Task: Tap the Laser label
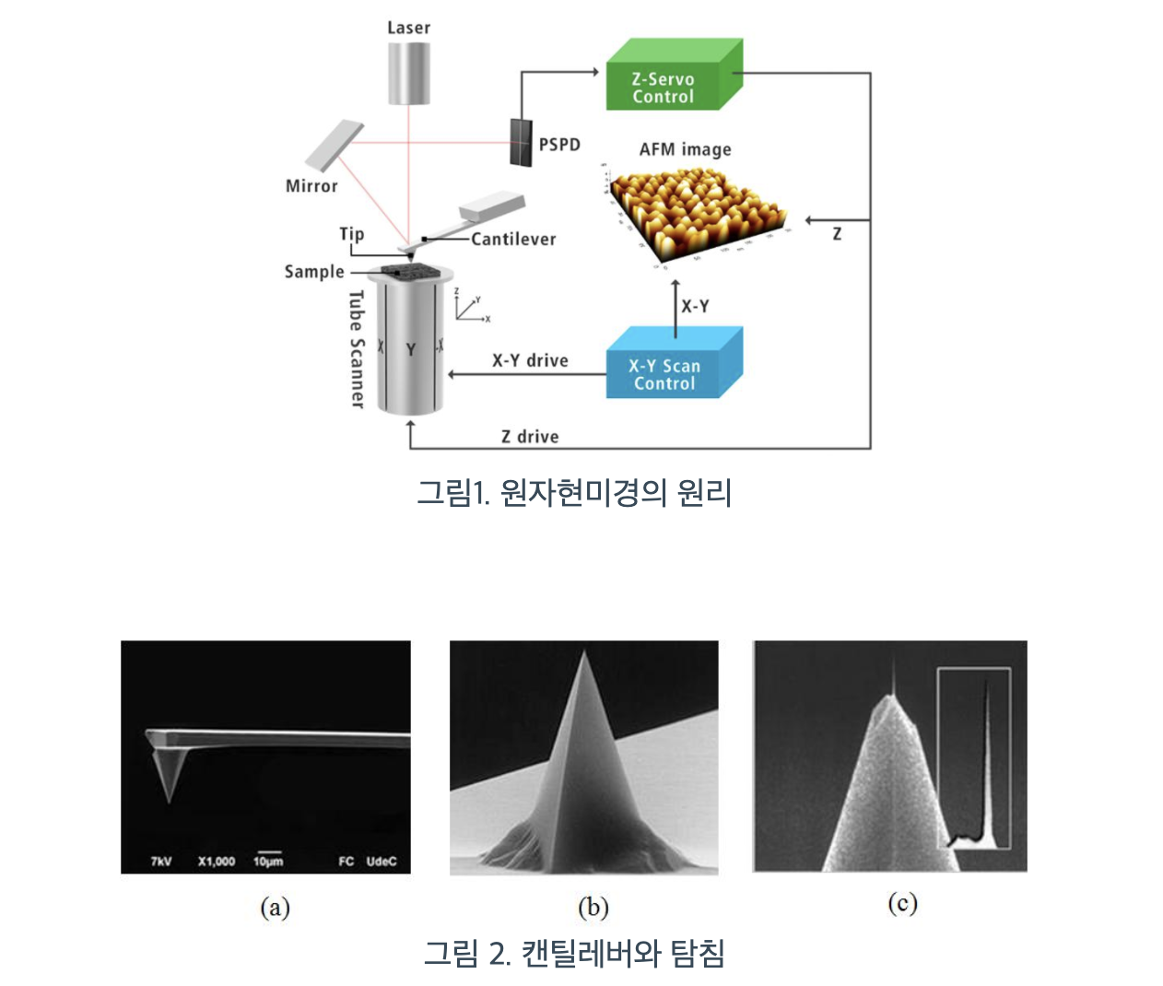(x=408, y=28)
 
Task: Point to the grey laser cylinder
(x=408, y=72)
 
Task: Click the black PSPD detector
(x=521, y=142)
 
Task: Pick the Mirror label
(x=311, y=186)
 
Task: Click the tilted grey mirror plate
(x=334, y=144)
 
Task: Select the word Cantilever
(x=513, y=240)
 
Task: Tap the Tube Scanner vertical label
(x=358, y=348)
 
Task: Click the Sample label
(x=314, y=272)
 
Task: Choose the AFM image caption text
(x=685, y=149)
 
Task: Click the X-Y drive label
(x=530, y=360)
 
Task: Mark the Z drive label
(x=530, y=437)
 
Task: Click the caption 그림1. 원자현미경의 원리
(x=574, y=493)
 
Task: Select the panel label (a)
(x=275, y=908)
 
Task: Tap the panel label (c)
(x=902, y=903)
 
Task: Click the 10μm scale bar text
(x=268, y=862)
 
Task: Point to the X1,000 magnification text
(x=217, y=862)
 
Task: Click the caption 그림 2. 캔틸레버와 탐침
(x=574, y=953)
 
